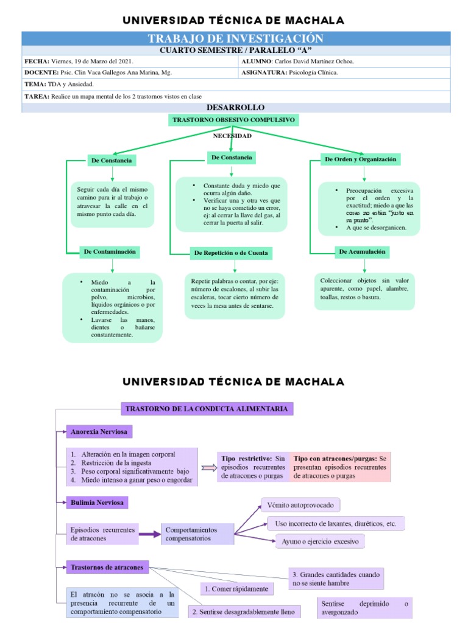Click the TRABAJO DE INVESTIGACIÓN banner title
235,39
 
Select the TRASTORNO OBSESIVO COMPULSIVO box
234,120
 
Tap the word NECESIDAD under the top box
232,136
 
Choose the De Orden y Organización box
361,159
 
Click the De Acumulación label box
362,251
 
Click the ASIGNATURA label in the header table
264,72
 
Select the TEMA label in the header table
35,84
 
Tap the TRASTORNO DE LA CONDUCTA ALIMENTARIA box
207,409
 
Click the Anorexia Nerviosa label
99,432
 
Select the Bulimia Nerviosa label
97,503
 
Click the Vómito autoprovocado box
301,506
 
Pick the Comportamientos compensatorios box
197,534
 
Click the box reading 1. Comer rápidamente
237,589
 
